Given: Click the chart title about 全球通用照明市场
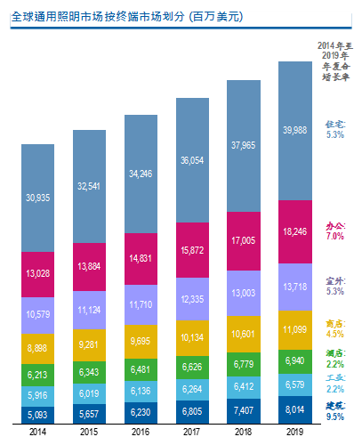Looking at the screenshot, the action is tap(127, 17).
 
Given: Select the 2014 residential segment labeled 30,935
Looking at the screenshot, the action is tap(37, 198).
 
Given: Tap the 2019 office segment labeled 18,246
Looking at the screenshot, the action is tap(295, 231).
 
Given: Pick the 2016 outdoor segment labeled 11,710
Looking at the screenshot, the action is tap(141, 304).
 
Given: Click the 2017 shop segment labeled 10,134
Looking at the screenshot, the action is tap(192, 338).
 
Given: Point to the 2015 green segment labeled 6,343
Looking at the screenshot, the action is tap(89, 372).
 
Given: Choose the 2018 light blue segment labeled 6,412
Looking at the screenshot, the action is tap(244, 387).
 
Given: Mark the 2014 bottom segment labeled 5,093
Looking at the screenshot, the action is tap(37, 415).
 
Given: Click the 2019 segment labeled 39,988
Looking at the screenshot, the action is tap(295, 131).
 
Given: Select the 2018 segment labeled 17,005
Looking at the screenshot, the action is tap(244, 241).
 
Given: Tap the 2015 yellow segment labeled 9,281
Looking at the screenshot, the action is tap(89, 345).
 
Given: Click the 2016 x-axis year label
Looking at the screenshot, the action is tap(141, 432).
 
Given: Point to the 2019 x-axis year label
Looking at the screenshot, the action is tap(295, 432).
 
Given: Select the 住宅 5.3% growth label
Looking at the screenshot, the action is tap(335, 130).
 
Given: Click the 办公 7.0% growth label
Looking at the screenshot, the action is tap(335, 231).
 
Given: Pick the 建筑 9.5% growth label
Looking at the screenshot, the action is tap(335, 411).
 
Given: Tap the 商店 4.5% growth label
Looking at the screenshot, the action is tap(335, 328).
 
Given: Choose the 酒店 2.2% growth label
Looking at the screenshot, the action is tap(335, 359).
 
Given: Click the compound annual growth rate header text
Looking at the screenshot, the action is tap(335, 61).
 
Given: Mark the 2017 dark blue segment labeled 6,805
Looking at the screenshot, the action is tap(192, 412).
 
